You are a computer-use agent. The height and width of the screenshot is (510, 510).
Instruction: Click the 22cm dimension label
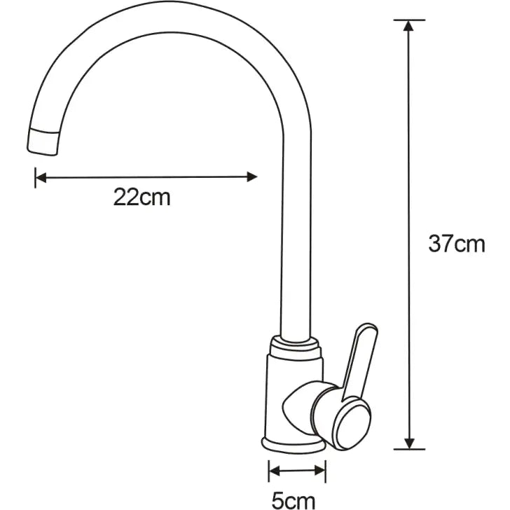(x=142, y=198)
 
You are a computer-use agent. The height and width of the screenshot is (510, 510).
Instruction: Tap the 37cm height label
(x=456, y=244)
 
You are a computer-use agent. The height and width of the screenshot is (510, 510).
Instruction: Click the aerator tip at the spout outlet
(x=43, y=140)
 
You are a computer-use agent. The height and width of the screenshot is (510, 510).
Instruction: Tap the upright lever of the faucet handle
(x=363, y=357)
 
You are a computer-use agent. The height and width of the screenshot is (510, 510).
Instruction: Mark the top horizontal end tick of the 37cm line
(x=409, y=20)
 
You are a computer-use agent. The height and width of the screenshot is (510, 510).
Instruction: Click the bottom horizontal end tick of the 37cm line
(x=409, y=448)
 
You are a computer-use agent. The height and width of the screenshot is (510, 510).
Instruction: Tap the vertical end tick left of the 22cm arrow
(x=35, y=178)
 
